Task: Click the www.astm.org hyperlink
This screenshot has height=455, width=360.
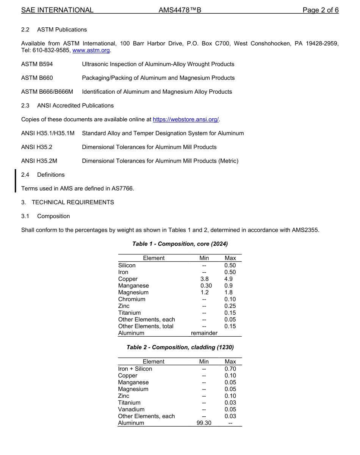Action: coord(91,50)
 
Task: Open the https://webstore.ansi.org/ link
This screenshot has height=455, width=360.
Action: coord(186,119)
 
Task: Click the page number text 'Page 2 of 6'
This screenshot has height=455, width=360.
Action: coord(320,10)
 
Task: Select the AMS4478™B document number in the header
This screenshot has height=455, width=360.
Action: coord(180,10)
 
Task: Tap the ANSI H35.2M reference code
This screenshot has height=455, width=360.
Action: coord(39,161)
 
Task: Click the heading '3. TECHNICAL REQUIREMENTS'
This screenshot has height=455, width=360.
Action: coord(67,202)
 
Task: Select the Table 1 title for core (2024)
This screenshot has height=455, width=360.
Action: coord(180,243)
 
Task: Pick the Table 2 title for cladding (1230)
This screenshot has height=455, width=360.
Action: coord(180,347)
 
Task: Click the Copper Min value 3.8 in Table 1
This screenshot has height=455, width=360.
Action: coord(204,279)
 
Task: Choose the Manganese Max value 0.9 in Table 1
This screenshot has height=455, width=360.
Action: coord(229,286)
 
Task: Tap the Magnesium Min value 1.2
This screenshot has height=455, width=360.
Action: coord(204,292)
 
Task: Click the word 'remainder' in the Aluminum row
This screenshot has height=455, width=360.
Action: coord(204,333)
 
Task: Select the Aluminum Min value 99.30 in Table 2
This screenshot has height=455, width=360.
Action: coord(204,423)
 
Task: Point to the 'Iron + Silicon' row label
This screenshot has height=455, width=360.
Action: coord(135,369)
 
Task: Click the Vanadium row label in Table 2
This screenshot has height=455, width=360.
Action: coord(131,409)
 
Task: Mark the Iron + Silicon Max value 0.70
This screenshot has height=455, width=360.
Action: coord(230,369)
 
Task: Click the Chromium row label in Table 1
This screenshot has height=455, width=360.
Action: coord(131,299)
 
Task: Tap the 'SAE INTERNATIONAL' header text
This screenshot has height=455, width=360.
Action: coord(57,10)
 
